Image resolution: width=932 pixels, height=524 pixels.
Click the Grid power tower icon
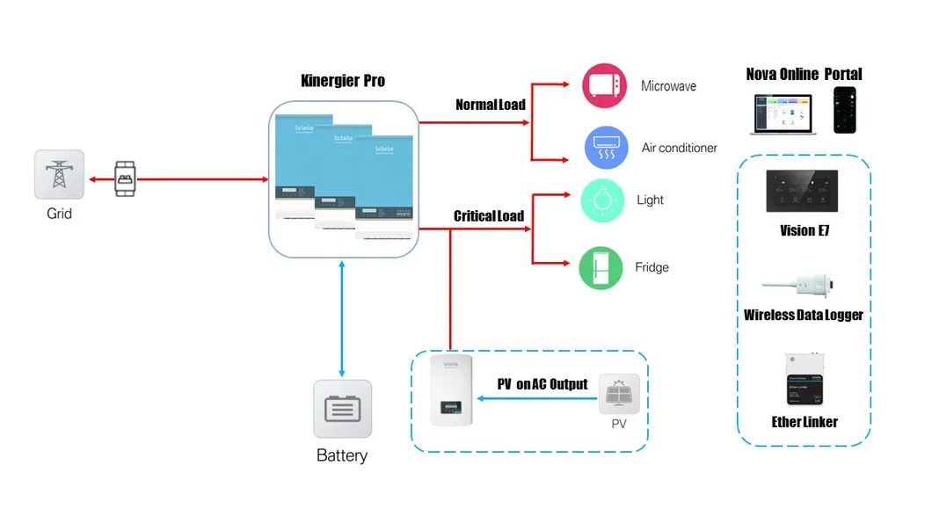[x=60, y=174]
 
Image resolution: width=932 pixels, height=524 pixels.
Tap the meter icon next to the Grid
[x=126, y=178]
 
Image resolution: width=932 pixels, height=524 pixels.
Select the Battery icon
[x=342, y=409]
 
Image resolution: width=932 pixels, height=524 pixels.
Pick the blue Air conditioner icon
[x=607, y=148]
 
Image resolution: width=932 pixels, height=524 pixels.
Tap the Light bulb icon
[x=602, y=200]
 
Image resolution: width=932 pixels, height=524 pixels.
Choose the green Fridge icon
[x=601, y=268]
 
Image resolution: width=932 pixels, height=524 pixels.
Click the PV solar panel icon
[x=625, y=394]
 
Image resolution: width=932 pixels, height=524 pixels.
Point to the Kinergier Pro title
[x=343, y=81]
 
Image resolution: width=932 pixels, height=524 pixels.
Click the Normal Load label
[x=490, y=105]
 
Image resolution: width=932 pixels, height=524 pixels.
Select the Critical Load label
[x=488, y=215]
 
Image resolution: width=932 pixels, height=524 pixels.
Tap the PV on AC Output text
[x=542, y=384]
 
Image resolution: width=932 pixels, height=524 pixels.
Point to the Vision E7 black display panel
[x=804, y=192]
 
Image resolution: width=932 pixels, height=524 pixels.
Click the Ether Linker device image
[x=804, y=381]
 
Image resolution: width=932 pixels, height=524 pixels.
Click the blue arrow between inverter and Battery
[x=342, y=317]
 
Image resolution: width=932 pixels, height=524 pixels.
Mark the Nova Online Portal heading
[x=804, y=74]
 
